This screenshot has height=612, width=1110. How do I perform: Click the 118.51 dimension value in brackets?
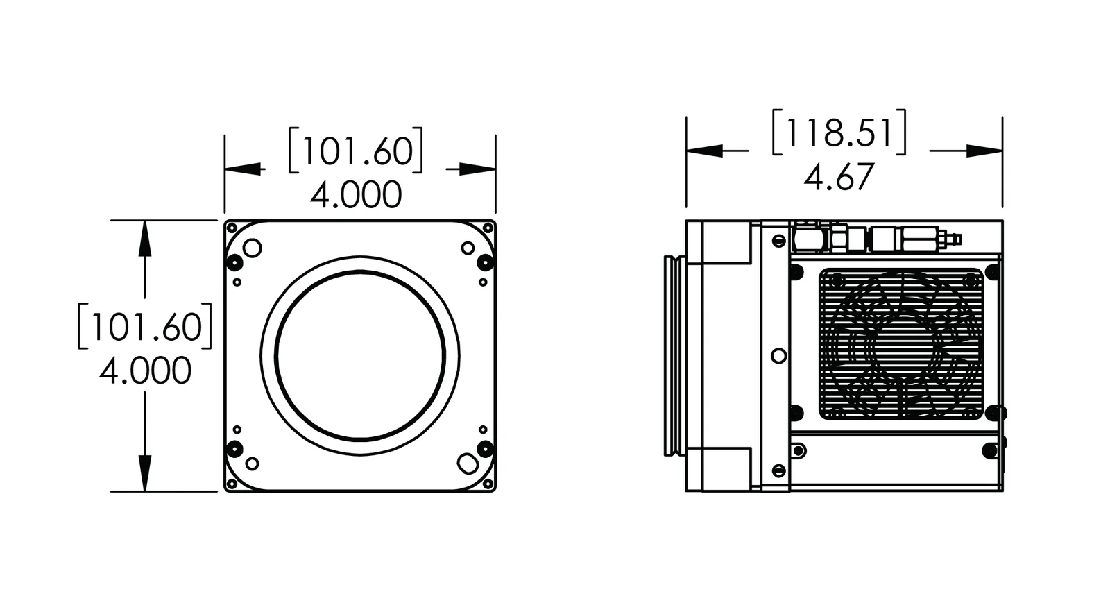[x=839, y=132]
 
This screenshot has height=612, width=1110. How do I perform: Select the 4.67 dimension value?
[x=839, y=178]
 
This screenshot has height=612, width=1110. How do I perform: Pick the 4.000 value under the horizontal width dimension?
[x=356, y=195]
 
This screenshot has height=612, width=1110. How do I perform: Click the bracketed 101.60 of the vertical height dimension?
[x=144, y=325]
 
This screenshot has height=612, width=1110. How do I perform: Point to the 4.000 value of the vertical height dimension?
[x=145, y=371]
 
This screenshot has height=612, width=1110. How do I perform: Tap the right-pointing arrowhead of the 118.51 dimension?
[x=984, y=151]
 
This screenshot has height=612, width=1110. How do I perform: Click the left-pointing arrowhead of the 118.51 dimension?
[x=704, y=151]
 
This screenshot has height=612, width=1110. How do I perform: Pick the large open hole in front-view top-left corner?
[x=253, y=248]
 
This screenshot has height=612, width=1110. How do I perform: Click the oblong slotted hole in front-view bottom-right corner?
[x=467, y=461]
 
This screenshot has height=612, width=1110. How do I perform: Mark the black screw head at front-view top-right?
[x=485, y=262]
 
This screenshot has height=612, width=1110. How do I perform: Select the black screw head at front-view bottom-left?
[x=234, y=448]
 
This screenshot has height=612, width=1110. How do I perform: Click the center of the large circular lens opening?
[x=359, y=356]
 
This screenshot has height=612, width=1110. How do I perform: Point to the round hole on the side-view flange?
[x=778, y=355]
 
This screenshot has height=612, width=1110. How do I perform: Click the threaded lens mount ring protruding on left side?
[x=672, y=355]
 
